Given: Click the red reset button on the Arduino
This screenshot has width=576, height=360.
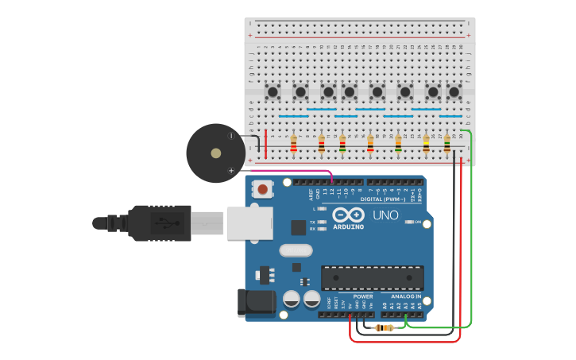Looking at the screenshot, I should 262,189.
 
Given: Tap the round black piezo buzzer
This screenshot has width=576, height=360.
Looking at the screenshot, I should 215,153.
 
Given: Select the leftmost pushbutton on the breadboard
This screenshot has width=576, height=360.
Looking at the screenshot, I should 273,92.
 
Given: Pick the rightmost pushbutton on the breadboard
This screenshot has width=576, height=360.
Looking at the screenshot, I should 454,92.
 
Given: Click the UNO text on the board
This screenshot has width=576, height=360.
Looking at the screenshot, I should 385,215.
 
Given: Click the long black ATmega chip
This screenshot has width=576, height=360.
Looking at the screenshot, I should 372,278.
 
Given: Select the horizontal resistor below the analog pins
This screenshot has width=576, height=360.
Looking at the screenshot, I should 385,327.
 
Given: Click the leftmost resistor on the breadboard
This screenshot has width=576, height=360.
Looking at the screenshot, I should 293,144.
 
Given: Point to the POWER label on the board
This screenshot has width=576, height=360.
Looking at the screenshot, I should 363,296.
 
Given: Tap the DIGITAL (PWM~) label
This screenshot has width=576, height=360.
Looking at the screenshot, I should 381,199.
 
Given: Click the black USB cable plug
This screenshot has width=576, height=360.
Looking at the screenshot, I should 159,223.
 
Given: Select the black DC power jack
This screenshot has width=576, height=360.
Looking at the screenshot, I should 256,304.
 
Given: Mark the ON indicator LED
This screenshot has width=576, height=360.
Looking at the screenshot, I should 407,222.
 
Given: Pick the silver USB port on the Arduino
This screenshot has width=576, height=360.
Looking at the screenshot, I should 249,223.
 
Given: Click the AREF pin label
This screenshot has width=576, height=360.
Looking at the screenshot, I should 311,193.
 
